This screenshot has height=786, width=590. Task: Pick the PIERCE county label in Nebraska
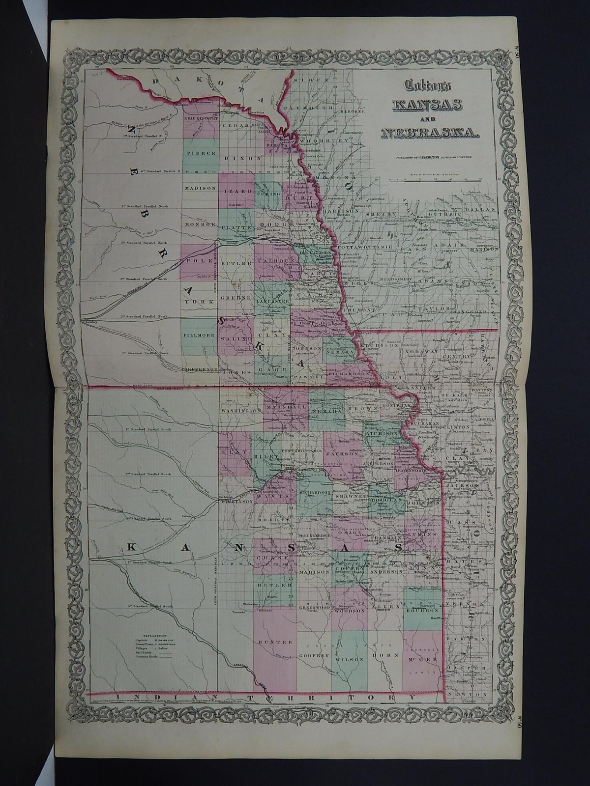pyautogui.click(x=201, y=153)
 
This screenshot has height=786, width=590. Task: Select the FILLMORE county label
pyautogui.click(x=200, y=335)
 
